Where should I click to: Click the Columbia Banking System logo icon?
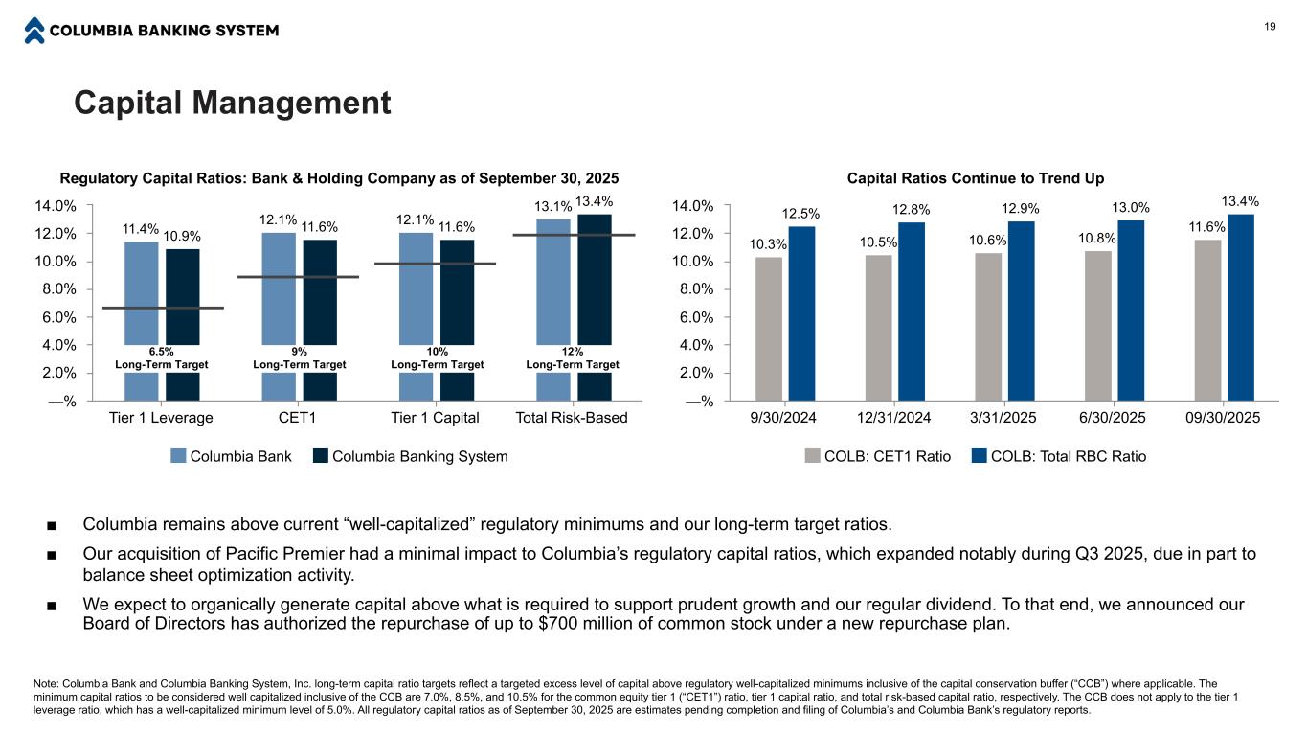(34, 31)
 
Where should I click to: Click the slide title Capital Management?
(233, 103)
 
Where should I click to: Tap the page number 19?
(1270, 28)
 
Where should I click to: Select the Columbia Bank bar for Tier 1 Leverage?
(142, 287)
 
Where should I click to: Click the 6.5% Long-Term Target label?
(161, 352)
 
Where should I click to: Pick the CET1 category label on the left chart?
(297, 418)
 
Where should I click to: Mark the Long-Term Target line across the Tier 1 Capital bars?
(436, 264)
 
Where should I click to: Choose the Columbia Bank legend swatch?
(178, 456)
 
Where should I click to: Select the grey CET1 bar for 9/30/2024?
(769, 328)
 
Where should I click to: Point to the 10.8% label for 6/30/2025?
(1098, 236)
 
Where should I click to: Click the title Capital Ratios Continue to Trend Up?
(976, 178)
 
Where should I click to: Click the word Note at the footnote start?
(44, 683)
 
